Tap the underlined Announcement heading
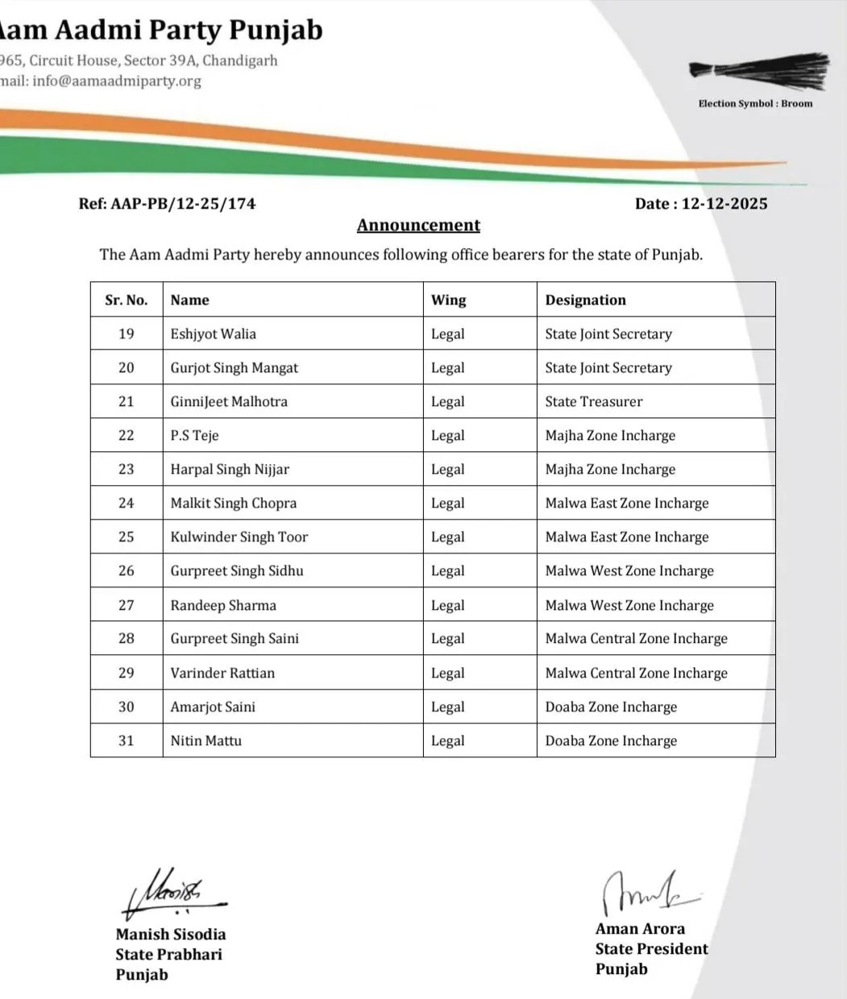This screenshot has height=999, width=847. click(418, 226)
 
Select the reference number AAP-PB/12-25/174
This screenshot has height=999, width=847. click(183, 204)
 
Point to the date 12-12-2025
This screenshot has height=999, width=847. click(724, 204)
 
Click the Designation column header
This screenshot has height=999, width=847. click(585, 300)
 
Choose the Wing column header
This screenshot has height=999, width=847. click(448, 300)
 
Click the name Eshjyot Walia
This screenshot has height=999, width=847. click(213, 334)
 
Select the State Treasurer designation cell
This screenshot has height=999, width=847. click(594, 401)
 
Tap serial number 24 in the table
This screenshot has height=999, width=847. click(127, 503)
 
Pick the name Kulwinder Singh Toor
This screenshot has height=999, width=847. click(239, 537)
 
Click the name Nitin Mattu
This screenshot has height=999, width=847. click(206, 740)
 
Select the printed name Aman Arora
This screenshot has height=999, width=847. click(640, 929)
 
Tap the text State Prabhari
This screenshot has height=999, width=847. click(168, 955)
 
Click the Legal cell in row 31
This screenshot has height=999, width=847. click(447, 740)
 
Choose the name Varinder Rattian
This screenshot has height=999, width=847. click(222, 673)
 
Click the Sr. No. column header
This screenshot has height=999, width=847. click(127, 300)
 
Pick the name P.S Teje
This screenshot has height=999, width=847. click(194, 435)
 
